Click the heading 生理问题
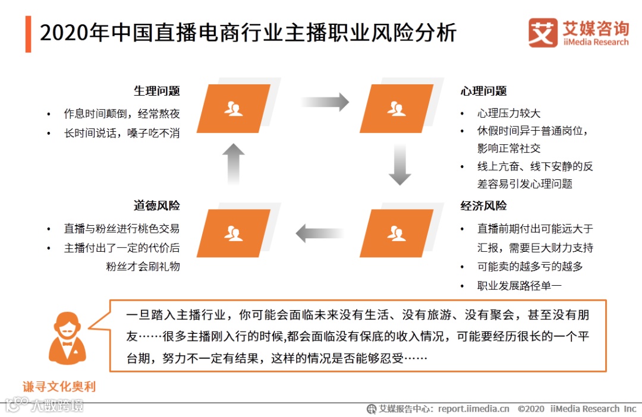point(156,91)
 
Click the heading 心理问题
point(483,91)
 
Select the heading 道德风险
point(156,206)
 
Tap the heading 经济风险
point(483,206)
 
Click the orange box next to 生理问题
point(234,109)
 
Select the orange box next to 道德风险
point(234,233)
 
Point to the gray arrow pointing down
point(400,164)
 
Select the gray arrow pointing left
point(319,233)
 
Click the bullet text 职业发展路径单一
point(520,286)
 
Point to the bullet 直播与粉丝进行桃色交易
point(121,228)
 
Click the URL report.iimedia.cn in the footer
point(474,409)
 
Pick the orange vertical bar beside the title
point(28,34)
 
